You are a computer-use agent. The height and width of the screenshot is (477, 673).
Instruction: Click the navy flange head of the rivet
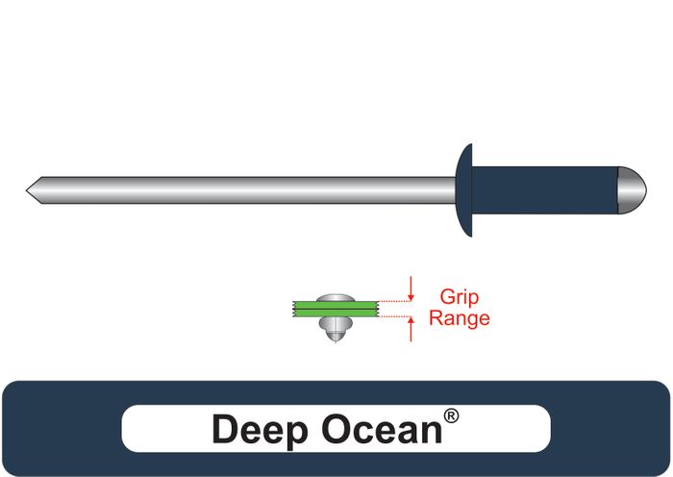point(465,188)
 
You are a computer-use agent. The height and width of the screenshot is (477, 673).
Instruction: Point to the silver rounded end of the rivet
point(630,188)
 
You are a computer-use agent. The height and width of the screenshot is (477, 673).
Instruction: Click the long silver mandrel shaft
point(240,188)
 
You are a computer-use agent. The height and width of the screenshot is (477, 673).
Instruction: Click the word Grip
point(459,298)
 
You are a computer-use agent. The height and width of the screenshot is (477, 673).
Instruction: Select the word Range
point(459,318)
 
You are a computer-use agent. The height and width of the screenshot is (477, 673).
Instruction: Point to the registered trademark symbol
point(451,417)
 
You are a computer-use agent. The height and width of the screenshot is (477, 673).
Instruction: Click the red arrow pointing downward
point(411,288)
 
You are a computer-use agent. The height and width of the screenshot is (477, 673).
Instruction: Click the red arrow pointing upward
point(411,329)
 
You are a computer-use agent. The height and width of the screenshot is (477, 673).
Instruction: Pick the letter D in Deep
point(223,429)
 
